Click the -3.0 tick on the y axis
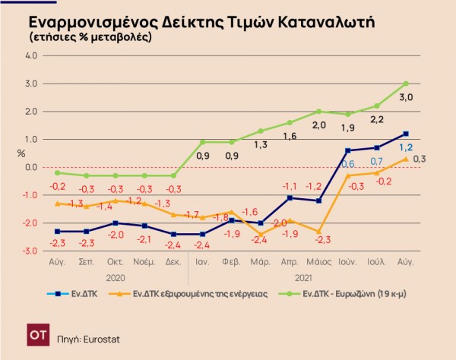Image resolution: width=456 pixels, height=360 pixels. click(x=30, y=251)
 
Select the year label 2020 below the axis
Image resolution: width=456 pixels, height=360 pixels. click(x=116, y=277)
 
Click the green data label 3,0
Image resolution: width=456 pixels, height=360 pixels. click(x=407, y=96)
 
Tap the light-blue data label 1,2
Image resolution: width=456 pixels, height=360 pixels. click(x=407, y=147)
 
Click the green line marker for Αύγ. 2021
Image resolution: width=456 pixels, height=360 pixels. click(x=406, y=84)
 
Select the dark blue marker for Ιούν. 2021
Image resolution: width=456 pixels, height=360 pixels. click(x=348, y=150)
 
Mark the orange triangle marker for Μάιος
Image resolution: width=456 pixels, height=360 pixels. click(x=319, y=231)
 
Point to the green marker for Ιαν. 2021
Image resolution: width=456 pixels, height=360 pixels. click(x=203, y=142)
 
